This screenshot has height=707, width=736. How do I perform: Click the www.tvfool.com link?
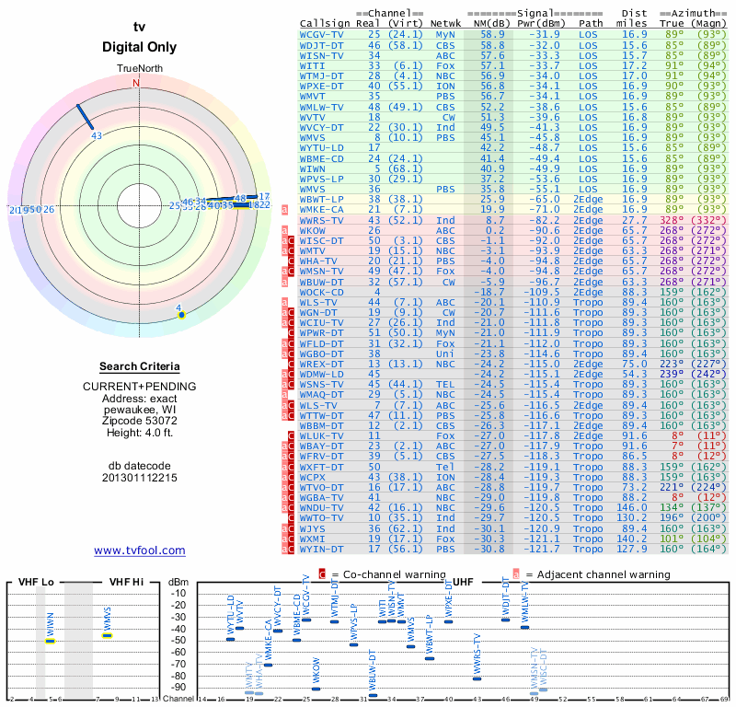pyautogui.click(x=140, y=551)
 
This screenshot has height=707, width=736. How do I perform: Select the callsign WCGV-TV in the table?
pyautogui.click(x=322, y=34)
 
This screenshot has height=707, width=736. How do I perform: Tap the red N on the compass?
pyautogui.click(x=136, y=83)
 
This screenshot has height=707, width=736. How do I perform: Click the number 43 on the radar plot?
pyautogui.click(x=97, y=136)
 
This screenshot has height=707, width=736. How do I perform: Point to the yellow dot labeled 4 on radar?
pyautogui.click(x=181, y=315)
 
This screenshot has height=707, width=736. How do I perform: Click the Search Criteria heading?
pyautogui.click(x=140, y=366)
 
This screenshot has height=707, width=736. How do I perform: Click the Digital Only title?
pyautogui.click(x=140, y=47)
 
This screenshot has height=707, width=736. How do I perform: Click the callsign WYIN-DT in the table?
pyautogui.click(x=322, y=550)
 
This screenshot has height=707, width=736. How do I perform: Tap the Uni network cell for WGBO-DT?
pyautogui.click(x=445, y=353)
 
